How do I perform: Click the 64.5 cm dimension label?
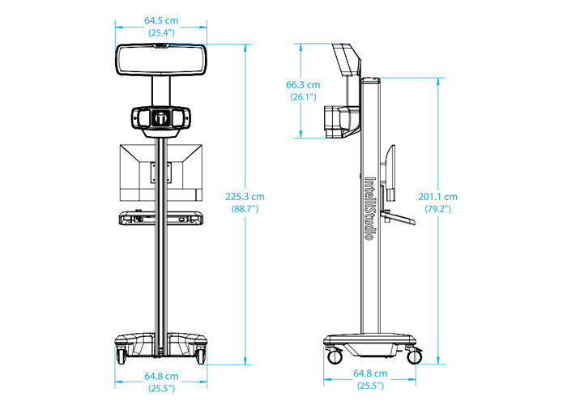tap(161, 20)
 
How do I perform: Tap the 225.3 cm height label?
tap(245, 197)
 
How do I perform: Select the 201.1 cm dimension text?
tap(437, 197)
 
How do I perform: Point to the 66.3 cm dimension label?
tap(303, 84)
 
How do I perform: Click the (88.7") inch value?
tap(245, 209)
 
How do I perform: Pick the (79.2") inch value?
tap(437, 209)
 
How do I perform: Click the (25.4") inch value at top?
tap(161, 32)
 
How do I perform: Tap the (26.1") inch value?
tap(303, 96)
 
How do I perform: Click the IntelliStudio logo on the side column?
tap(369, 208)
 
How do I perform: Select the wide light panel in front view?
tap(161, 60)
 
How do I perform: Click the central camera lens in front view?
tap(161, 117)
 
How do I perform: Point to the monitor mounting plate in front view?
tap(161, 173)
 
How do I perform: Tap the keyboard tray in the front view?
tap(161, 218)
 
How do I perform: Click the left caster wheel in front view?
tap(121, 356)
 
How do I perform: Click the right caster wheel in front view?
tap(201, 356)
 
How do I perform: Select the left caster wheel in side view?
tap(335, 356)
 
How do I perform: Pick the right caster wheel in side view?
tap(414, 356)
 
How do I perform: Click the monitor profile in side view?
tap(390, 173)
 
